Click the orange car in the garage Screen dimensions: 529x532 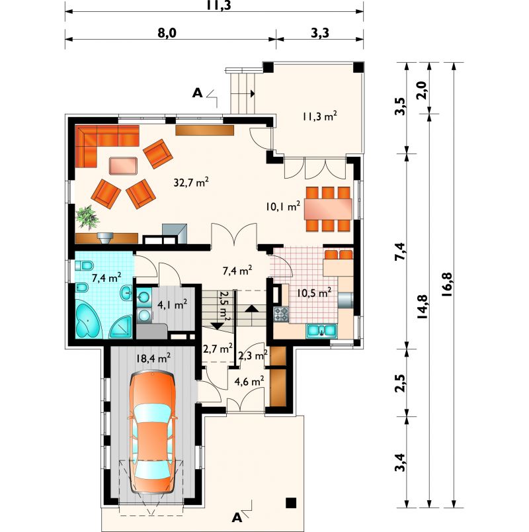click(x=152, y=432)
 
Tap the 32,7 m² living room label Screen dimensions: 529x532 click(x=191, y=182)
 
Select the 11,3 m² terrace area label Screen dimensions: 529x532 click(x=319, y=116)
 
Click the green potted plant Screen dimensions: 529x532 click(x=87, y=218)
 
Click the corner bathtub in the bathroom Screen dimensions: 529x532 click(x=88, y=321)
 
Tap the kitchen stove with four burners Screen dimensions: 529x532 click(x=281, y=314)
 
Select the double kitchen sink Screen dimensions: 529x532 click(x=321, y=331)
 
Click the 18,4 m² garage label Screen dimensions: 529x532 click(x=153, y=358)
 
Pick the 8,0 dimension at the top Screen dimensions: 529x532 click(x=167, y=33)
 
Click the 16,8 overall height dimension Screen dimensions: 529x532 click(x=447, y=285)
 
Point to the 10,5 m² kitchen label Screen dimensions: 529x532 click(x=314, y=292)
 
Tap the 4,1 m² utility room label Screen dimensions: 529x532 click(x=173, y=304)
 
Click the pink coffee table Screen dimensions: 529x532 click(x=123, y=165)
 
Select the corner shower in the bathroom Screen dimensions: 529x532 click(x=121, y=327)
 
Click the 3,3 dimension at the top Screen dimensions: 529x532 click(x=320, y=33)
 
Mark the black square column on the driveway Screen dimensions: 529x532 click(x=290, y=502)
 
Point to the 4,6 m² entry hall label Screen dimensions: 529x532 click(x=249, y=381)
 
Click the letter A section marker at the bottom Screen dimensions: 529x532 click(x=237, y=517)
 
